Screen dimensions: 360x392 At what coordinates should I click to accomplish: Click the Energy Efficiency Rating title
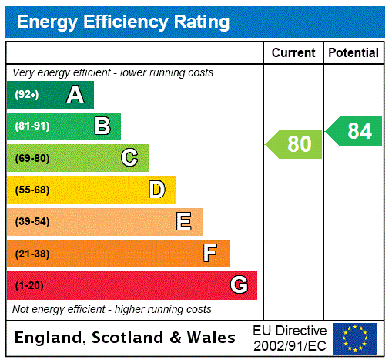(x=122, y=22)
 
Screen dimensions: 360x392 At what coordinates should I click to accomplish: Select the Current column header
(x=293, y=53)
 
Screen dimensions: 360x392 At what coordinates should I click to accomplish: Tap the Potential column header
(x=353, y=53)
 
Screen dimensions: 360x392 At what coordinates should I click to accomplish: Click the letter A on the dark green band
(x=75, y=95)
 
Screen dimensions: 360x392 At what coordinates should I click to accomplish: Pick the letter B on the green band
(x=102, y=126)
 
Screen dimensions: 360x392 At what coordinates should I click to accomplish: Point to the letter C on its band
(x=129, y=158)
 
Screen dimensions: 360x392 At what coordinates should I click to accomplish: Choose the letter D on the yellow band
(x=156, y=190)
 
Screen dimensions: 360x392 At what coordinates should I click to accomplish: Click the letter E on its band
(x=184, y=222)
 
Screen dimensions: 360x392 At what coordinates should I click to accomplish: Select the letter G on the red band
(x=239, y=285)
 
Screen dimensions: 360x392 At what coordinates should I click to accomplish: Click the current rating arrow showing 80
(x=295, y=144)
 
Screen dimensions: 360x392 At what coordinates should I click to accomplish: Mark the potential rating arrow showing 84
(x=354, y=131)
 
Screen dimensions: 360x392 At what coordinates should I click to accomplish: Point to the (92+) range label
(x=27, y=95)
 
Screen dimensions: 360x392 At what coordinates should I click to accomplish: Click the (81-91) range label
(x=32, y=126)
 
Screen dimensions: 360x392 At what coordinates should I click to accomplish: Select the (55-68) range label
(x=32, y=190)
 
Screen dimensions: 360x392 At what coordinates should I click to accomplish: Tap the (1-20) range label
(x=29, y=286)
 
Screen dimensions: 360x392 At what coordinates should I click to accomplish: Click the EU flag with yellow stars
(x=355, y=338)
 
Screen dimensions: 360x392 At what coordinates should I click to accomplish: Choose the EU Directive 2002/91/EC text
(x=290, y=338)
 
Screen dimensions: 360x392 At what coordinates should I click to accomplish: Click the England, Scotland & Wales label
(x=126, y=338)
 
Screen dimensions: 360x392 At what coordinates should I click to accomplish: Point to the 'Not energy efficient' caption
(x=112, y=309)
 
